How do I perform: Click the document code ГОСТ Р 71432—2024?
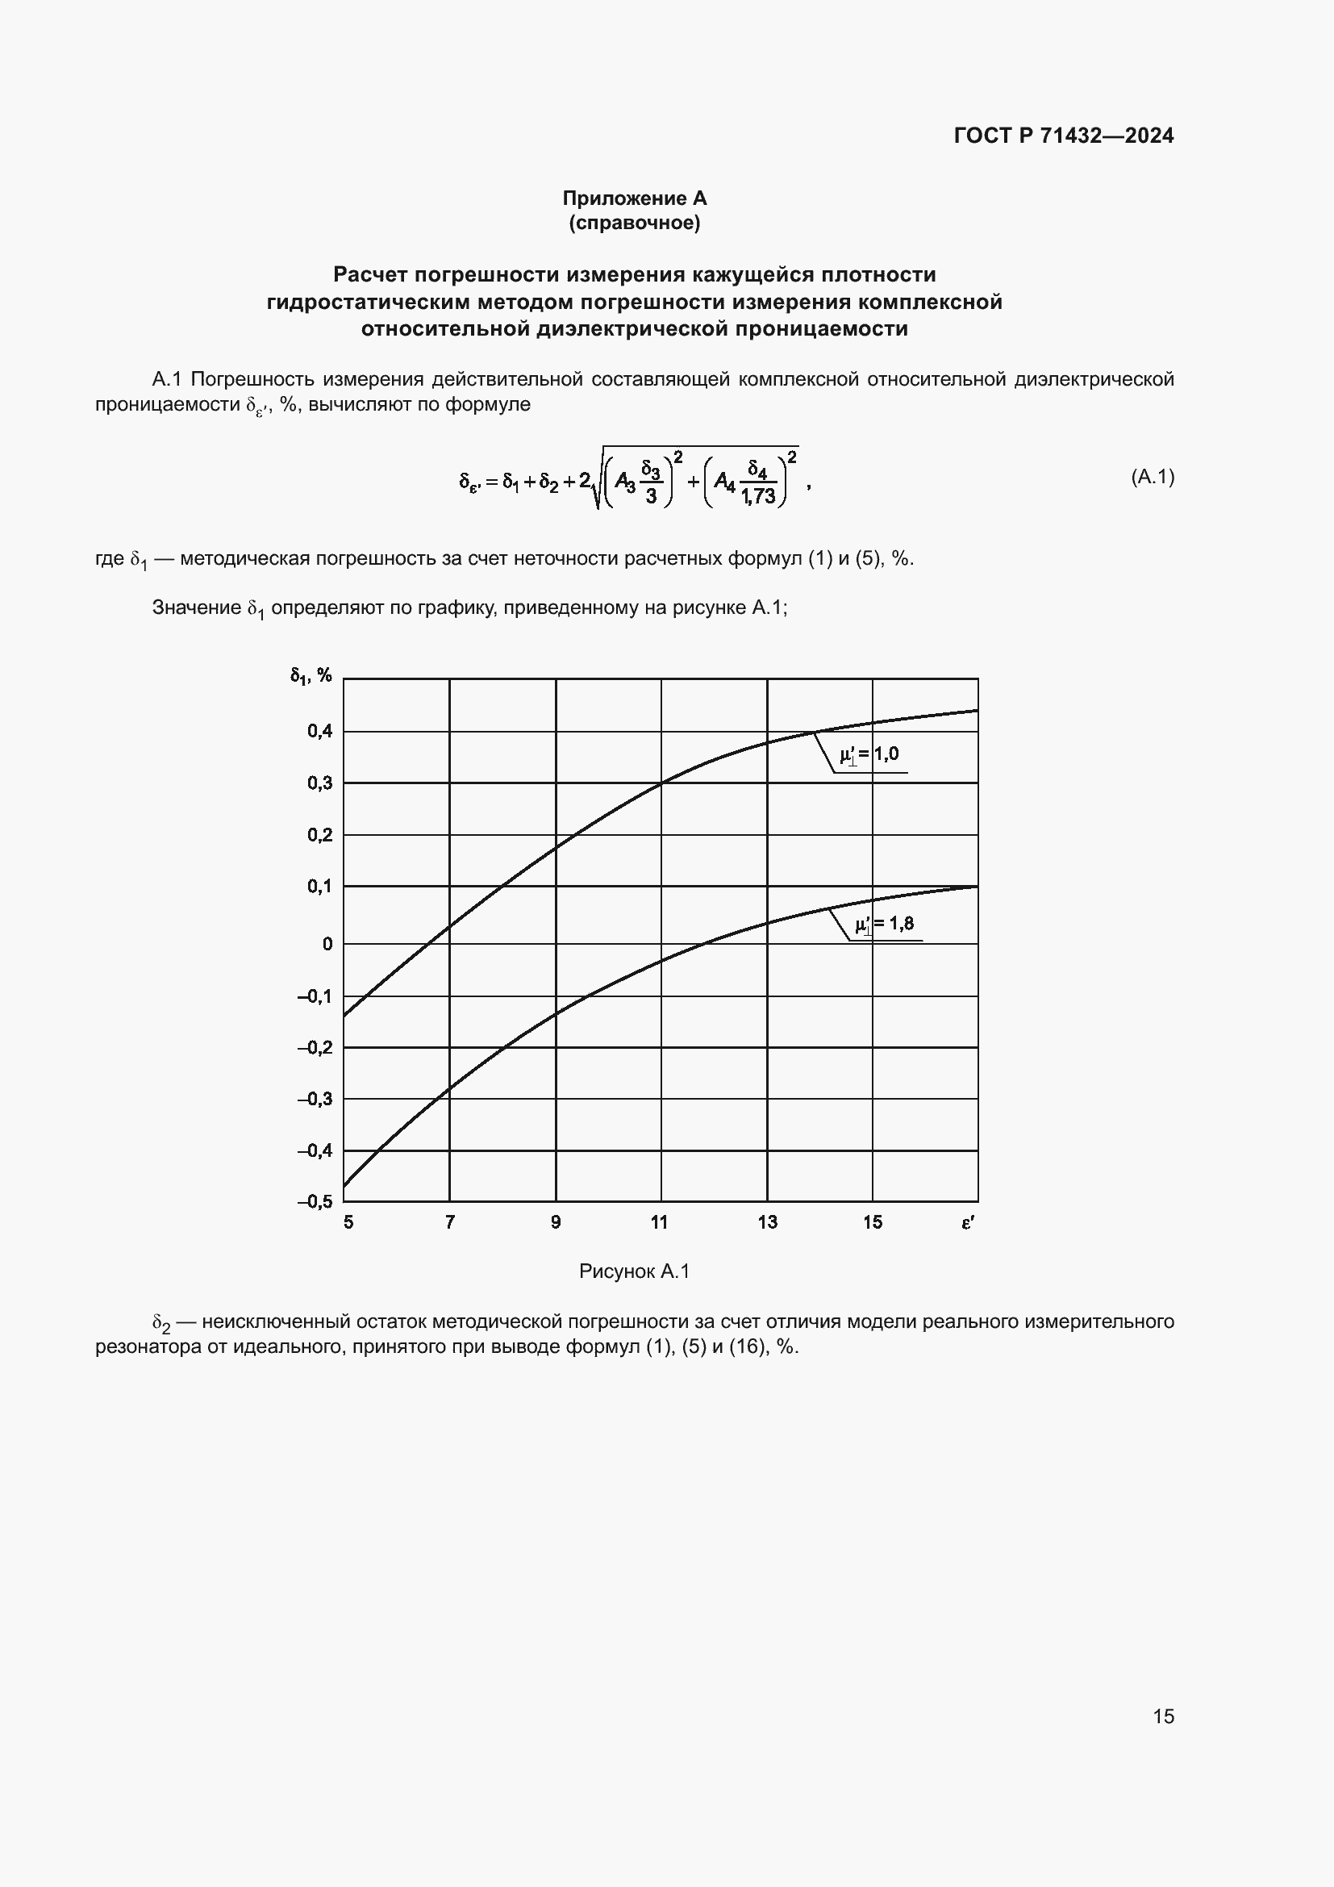[x=1063, y=136]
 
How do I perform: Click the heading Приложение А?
[x=634, y=198]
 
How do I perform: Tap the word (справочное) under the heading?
[x=634, y=223]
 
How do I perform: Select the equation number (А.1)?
[x=1152, y=477]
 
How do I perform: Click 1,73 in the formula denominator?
[x=757, y=495]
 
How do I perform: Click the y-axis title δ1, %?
[x=311, y=675]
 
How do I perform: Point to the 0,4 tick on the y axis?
[x=319, y=731]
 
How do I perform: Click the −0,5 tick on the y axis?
[x=315, y=1201]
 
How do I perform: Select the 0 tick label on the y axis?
[x=327, y=945]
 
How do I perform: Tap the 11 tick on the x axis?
[x=659, y=1223]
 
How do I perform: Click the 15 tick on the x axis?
[x=872, y=1223]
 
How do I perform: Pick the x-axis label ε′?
[x=968, y=1223]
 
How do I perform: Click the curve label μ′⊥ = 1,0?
[x=869, y=754]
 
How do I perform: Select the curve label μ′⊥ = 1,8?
[x=884, y=925]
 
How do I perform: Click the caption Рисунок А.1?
[x=634, y=1271]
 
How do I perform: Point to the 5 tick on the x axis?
[x=348, y=1223]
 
